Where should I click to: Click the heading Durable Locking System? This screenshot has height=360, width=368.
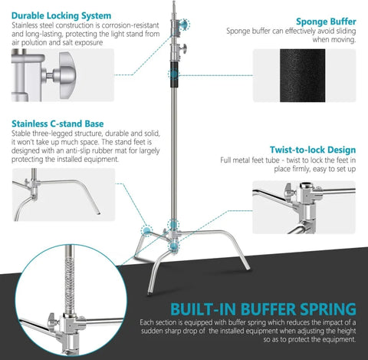pyautogui.click(x=61, y=15)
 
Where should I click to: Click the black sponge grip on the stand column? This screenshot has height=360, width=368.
pyautogui.click(x=176, y=74)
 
